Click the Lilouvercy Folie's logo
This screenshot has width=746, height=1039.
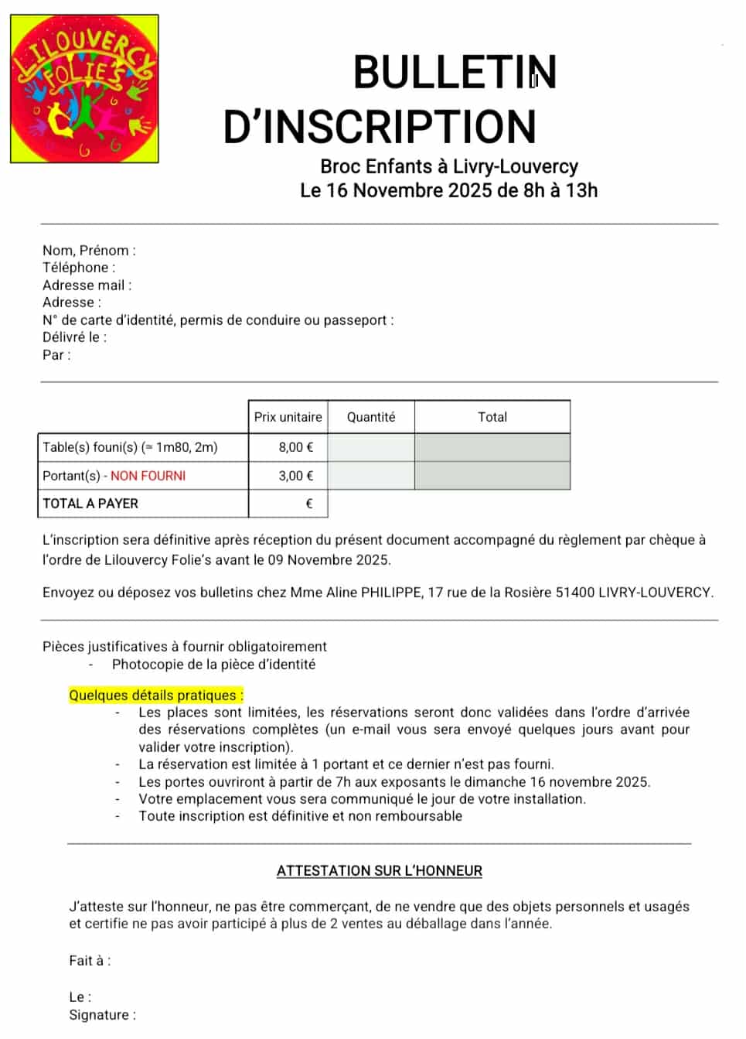[x=84, y=88]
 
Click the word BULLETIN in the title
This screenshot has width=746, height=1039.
[x=455, y=73]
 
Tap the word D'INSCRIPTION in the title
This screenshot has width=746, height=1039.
[x=380, y=128]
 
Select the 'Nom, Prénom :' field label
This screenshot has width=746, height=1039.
[x=89, y=250]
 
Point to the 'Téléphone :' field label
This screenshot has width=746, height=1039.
[x=79, y=268]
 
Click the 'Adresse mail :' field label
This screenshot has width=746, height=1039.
[x=87, y=285]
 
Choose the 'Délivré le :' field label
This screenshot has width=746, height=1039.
[x=75, y=337]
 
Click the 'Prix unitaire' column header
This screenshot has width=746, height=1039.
[x=288, y=417]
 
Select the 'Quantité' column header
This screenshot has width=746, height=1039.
[x=371, y=417]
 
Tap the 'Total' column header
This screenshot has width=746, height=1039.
[x=492, y=417]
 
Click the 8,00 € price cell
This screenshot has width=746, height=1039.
[x=296, y=447]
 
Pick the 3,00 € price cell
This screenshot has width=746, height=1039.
[x=296, y=476]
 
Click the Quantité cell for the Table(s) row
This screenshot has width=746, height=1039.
[x=371, y=447]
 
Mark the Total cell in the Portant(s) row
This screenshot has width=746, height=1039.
[x=492, y=476]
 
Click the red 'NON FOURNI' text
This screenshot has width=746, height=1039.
[x=148, y=476]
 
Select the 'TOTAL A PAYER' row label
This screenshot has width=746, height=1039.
[x=90, y=504]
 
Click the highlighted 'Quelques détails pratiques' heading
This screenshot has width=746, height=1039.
[x=156, y=696]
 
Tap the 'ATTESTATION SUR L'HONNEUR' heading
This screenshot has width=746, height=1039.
[x=380, y=871]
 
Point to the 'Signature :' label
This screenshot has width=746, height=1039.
[x=102, y=1015]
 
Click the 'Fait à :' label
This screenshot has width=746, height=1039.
[x=90, y=961]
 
